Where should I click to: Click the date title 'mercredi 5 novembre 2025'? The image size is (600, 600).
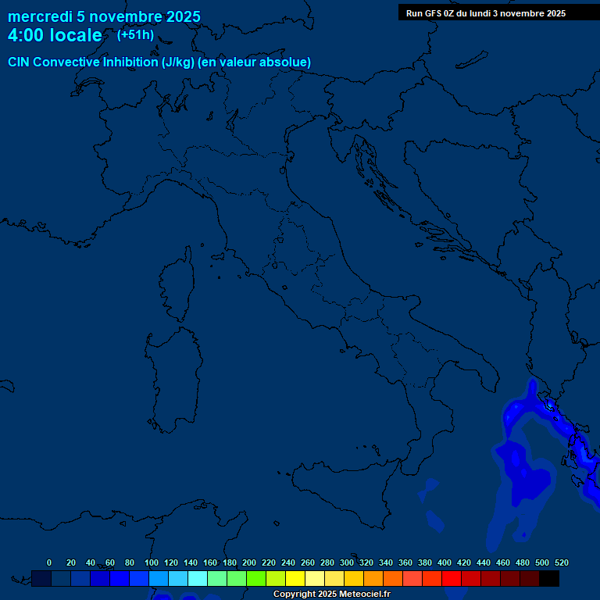(x=104, y=16)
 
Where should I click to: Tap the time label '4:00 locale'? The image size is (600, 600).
(x=55, y=35)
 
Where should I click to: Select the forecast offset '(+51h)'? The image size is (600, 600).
(x=135, y=35)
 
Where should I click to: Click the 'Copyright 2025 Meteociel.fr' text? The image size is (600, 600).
(x=331, y=594)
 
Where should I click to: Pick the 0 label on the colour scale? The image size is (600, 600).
(x=49, y=562)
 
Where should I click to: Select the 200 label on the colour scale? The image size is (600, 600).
(x=249, y=562)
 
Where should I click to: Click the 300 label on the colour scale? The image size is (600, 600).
(x=347, y=562)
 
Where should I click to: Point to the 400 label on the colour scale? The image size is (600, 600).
(x=445, y=562)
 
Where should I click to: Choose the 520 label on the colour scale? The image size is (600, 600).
(x=561, y=562)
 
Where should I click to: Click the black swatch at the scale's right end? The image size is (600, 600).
(x=549, y=578)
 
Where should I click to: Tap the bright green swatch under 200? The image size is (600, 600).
(x=256, y=578)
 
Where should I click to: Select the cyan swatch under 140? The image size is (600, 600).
(x=198, y=578)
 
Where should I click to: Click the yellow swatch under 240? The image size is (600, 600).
(x=295, y=578)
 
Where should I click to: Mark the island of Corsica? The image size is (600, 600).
(x=177, y=287)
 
